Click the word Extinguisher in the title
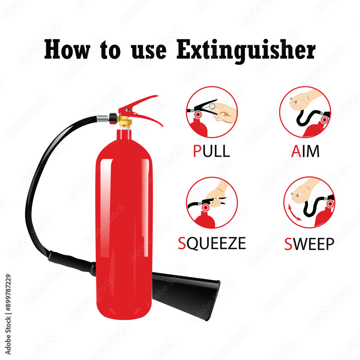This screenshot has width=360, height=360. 246,51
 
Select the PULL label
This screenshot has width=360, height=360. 211,151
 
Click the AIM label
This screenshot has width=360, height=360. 305,151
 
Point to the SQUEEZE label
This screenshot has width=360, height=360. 212,243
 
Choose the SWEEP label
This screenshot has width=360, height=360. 309,244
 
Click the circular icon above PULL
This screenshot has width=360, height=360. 212,112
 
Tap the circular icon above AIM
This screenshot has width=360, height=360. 305,112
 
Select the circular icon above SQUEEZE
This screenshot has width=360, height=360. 212,203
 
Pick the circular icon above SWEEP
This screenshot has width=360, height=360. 309,202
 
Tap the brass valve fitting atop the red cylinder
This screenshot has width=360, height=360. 125,122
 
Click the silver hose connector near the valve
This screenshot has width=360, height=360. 103,118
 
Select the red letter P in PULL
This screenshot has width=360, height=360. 197,151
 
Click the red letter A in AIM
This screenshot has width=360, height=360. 296,151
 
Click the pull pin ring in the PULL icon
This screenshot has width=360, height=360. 212,106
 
